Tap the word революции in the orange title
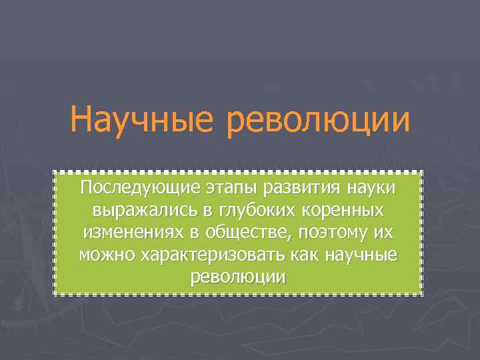click(318, 121)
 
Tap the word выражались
click(144, 211)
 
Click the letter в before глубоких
click(207, 211)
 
